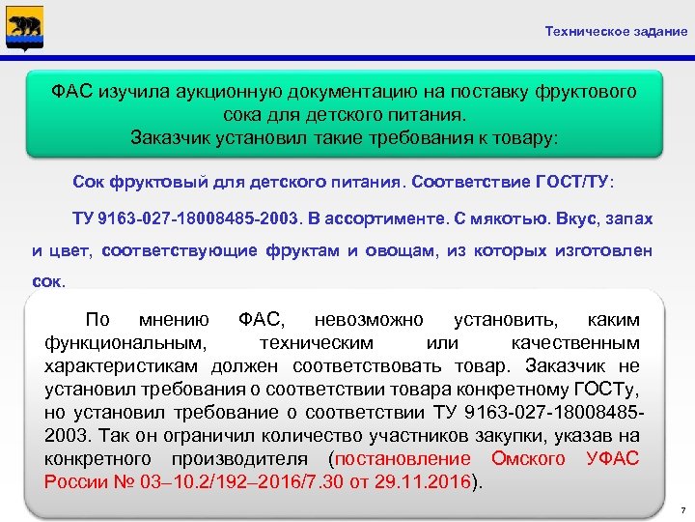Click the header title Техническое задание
pos(616,31)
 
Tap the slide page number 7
pos(681,508)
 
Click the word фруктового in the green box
pos(588,92)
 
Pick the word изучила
pos(134,92)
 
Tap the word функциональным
pos(125,343)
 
